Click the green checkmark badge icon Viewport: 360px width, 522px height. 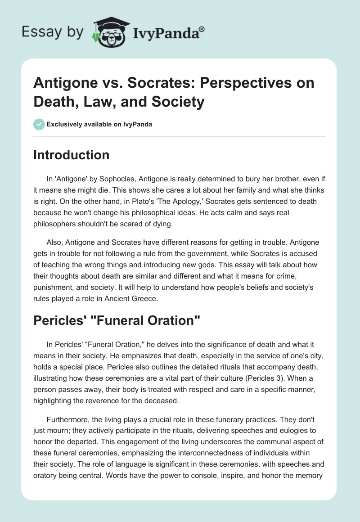click(39, 124)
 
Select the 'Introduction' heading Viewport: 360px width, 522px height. click(72, 155)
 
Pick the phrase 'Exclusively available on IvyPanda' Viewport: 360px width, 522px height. click(99, 124)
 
